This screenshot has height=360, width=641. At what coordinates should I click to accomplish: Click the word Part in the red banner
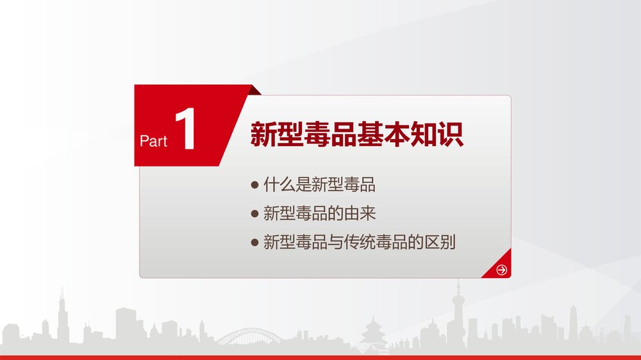pos(153,141)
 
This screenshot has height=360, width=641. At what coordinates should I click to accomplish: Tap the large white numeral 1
pos(186,129)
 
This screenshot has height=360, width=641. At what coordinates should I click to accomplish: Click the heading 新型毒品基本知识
pos(357,134)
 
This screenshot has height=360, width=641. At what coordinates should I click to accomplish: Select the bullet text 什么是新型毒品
pos(319,184)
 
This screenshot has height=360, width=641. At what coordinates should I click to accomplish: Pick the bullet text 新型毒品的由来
pos(319,213)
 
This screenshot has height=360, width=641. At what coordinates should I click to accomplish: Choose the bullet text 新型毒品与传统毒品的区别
pos(360,242)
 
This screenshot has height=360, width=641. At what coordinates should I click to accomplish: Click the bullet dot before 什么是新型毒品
pos(254,185)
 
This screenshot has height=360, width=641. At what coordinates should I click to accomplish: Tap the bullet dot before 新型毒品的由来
pos(254,214)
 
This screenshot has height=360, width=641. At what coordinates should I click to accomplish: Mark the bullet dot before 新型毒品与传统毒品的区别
pos(254,243)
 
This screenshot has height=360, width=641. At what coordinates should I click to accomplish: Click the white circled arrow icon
pos(502,270)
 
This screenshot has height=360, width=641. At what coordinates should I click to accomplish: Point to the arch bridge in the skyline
pos(249,336)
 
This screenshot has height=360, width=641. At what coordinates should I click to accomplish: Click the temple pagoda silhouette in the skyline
pos(373,333)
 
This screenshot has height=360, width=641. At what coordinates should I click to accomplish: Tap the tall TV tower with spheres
pos(458,315)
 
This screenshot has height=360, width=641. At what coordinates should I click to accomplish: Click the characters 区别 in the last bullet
pos(440,242)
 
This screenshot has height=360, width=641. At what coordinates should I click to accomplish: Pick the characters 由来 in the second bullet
pos(360,213)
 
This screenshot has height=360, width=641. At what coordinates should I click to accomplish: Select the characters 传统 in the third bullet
pos(360,242)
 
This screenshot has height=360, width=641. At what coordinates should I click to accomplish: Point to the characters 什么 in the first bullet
pos(279,184)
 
